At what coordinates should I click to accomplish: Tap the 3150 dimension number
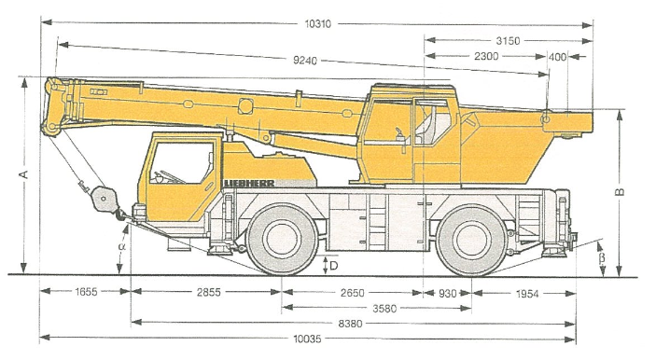coord(508,41)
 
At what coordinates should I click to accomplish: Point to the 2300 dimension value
coord(486,57)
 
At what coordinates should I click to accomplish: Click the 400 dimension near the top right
coord(558,57)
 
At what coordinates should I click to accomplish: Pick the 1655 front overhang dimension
coord(86,293)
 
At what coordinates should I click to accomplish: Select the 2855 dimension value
coord(206,293)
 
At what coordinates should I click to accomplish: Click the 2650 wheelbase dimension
coord(352,293)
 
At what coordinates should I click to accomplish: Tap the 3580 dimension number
coord(376,308)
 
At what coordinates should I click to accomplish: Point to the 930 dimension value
coord(448,293)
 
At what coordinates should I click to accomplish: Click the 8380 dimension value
coord(352,323)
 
